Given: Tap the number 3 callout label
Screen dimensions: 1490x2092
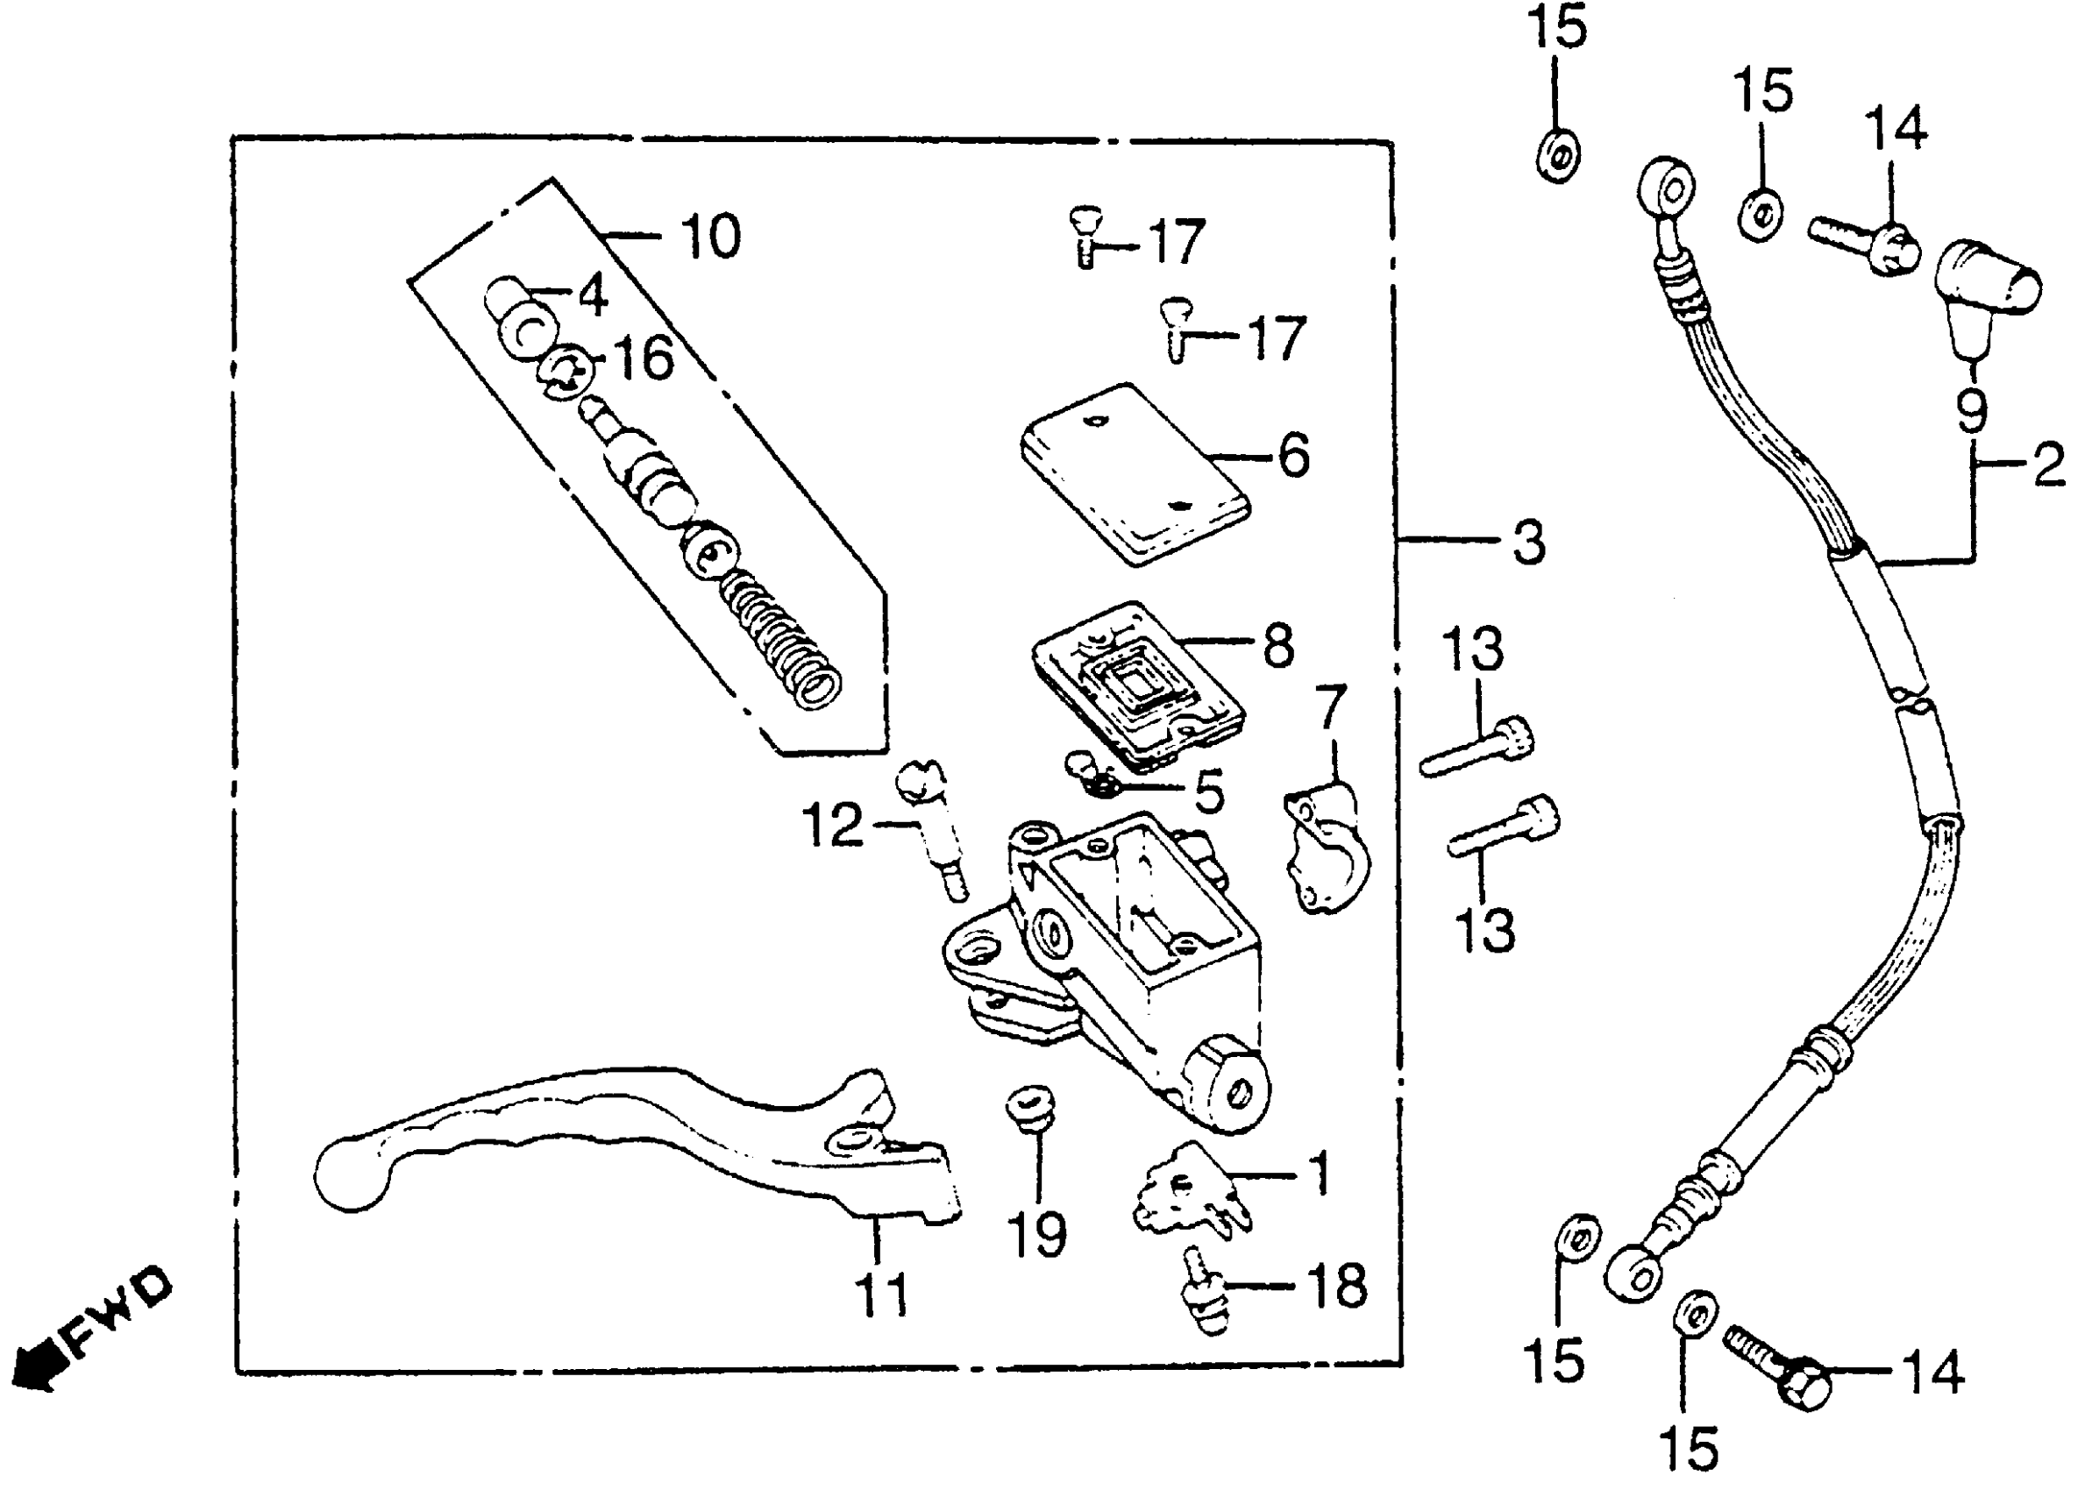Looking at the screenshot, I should click(1527, 543).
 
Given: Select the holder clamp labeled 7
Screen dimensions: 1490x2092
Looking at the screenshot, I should click(1326, 848).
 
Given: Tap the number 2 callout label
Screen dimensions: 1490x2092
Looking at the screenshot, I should click(2048, 465).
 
